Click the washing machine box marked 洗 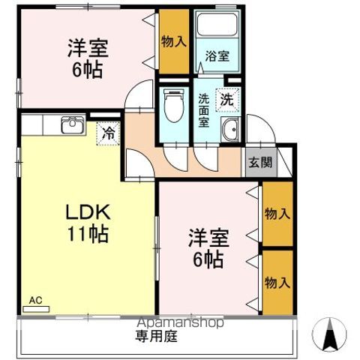(x=225, y=97)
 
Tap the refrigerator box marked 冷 (x=108, y=135)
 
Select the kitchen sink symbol (x=72, y=124)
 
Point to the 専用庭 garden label (x=156, y=336)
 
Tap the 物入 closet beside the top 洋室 (x=174, y=41)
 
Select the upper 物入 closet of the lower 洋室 (x=277, y=214)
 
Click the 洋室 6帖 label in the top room (x=88, y=59)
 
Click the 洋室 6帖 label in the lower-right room (x=205, y=250)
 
